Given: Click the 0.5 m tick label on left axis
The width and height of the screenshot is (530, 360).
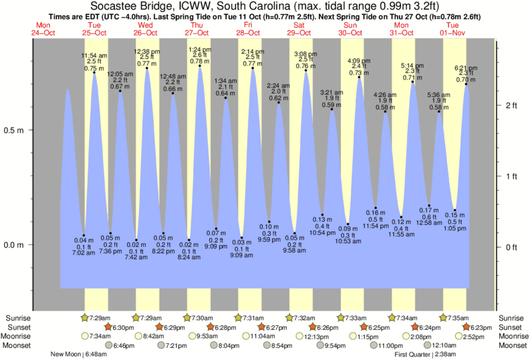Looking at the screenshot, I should pyautogui.click(x=15, y=130).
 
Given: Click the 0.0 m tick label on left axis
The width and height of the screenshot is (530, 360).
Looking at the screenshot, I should pyautogui.click(x=15, y=244).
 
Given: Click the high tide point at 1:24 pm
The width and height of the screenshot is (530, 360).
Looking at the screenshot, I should pyautogui.click(x=200, y=66).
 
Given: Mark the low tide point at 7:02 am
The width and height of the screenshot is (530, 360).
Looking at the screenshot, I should pyautogui.click(x=84, y=235).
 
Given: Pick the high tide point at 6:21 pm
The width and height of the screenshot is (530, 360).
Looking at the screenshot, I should pyautogui.click(x=466, y=84).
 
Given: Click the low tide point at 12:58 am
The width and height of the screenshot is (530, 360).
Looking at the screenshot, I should pyautogui.click(x=429, y=207).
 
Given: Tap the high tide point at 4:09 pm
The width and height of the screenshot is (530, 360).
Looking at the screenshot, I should pyautogui.click(x=360, y=77).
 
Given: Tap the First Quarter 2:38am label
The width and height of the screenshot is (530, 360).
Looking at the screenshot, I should pyautogui.click(x=422, y=354).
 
